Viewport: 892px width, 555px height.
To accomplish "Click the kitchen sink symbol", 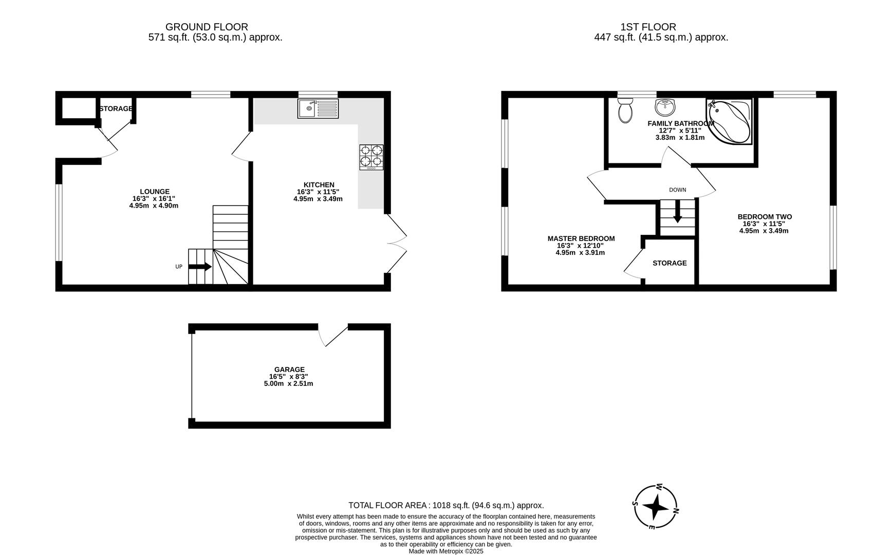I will tap(318, 108).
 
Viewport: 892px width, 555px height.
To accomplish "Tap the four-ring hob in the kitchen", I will tap(371, 157).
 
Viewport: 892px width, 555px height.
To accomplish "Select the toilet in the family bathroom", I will tap(625, 111).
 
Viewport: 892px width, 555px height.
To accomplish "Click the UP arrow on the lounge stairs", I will tap(200, 267).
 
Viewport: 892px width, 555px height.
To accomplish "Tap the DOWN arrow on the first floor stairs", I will tap(677, 212).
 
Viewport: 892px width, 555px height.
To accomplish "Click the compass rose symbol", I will tap(656, 507).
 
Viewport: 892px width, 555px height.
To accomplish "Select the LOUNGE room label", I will tap(155, 192).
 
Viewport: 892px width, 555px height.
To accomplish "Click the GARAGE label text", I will tap(289, 369).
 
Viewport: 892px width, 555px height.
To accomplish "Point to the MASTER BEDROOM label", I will tap(581, 238).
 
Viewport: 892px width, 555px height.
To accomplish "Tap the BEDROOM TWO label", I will tap(764, 217).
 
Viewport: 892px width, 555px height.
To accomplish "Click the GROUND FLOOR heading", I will tap(207, 27).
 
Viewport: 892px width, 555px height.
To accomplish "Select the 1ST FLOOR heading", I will tap(648, 27).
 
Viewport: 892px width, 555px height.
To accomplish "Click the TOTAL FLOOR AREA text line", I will tap(446, 505).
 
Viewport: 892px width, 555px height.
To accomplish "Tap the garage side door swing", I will tap(331, 336).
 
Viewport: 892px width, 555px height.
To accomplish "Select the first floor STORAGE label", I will tap(670, 263).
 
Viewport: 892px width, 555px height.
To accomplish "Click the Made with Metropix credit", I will tap(446, 551).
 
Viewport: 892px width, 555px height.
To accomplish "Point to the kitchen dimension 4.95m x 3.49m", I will tap(318, 199).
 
